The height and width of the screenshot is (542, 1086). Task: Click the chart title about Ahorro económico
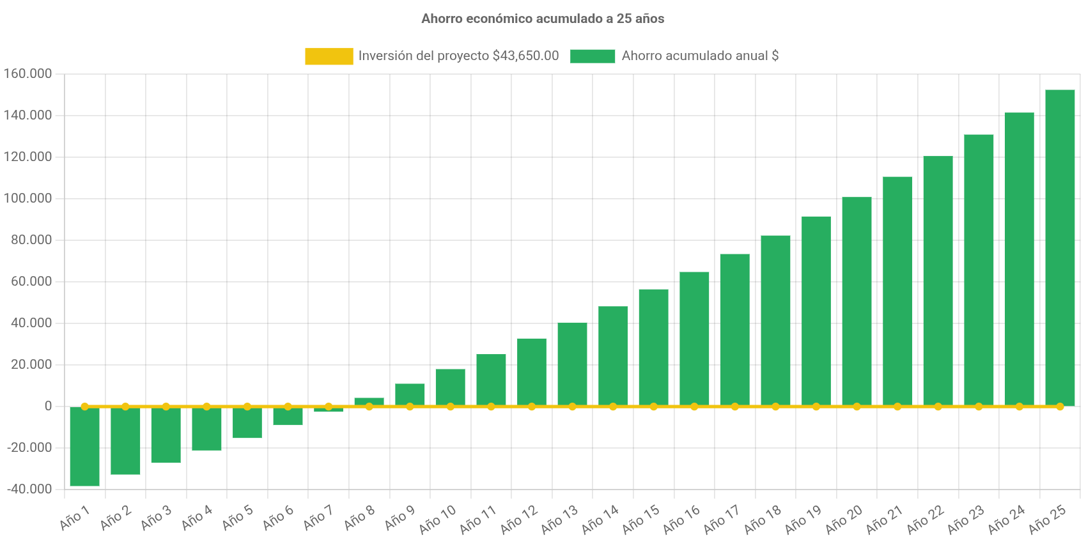tap(543, 19)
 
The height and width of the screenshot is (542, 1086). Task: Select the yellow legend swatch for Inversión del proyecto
tap(329, 56)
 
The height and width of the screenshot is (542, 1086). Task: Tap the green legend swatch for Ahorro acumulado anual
tap(593, 56)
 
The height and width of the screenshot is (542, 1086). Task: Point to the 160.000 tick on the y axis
tap(27, 74)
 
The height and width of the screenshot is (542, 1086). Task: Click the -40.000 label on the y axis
tap(29, 489)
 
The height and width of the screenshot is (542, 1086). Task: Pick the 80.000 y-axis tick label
tap(31, 240)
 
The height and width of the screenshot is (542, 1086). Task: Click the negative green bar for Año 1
tap(84, 447)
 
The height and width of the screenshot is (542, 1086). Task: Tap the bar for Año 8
tap(369, 401)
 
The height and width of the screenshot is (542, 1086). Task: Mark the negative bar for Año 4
tap(206, 429)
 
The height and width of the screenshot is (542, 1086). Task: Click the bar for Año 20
tap(857, 301)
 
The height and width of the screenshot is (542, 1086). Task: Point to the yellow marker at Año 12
tap(532, 407)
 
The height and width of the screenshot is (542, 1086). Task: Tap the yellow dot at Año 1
tap(84, 407)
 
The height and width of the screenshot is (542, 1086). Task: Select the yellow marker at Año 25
tap(1060, 407)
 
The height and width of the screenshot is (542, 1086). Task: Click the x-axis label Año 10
tap(438, 519)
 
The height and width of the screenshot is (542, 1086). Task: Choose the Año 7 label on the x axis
tap(318, 517)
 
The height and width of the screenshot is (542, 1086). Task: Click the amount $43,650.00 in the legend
tap(525, 56)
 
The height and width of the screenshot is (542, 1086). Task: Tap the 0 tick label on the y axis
tap(49, 406)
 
